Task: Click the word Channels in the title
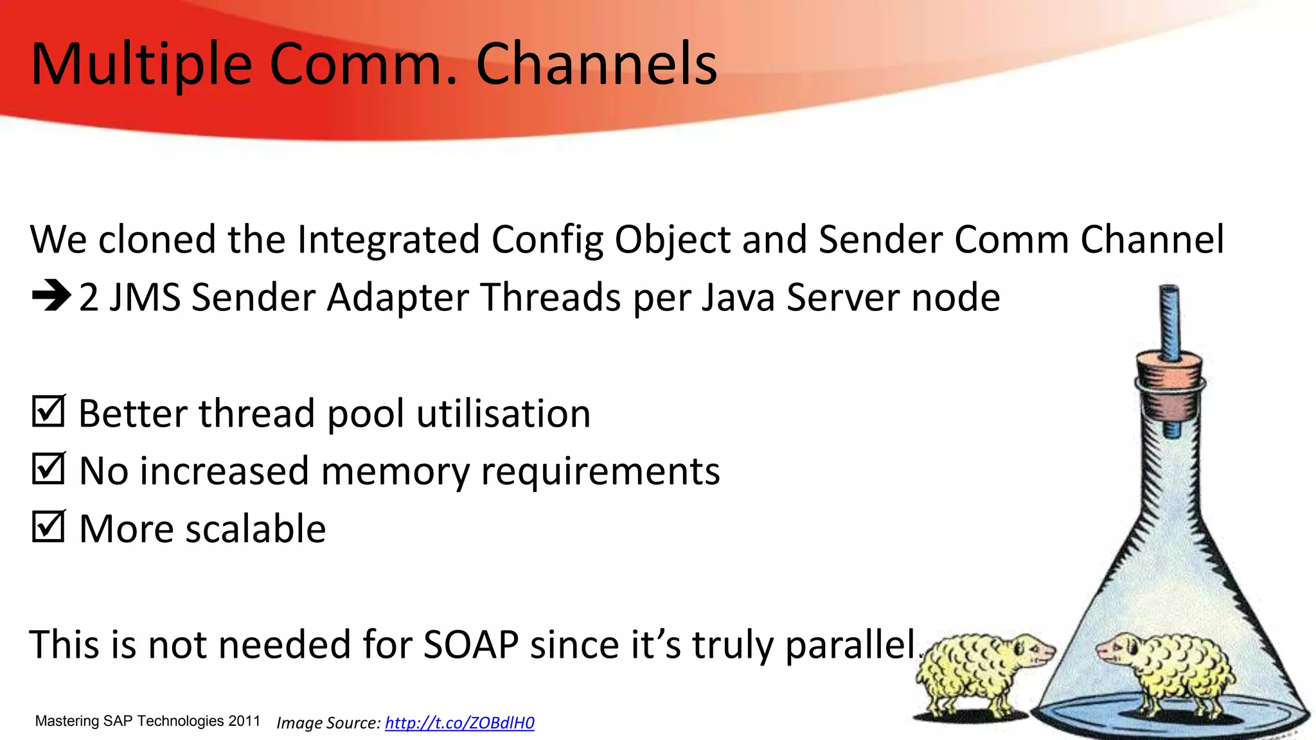point(596,64)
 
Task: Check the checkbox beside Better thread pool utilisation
point(48,411)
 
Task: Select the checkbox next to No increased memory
point(48,469)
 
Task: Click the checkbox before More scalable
point(48,527)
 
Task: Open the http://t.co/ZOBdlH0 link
point(459,723)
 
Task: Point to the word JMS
point(145,297)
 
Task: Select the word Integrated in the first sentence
point(388,240)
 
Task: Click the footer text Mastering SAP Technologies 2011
point(147,721)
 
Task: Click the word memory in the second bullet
point(395,471)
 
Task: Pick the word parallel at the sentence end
point(851,644)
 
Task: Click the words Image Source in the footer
point(328,723)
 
